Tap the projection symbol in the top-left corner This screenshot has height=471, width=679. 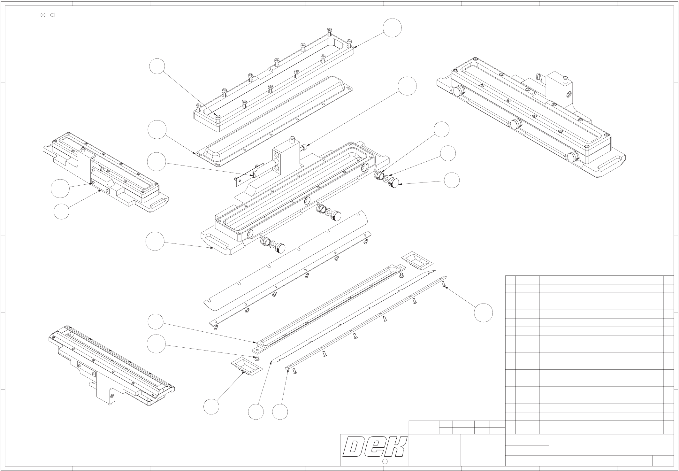click(x=48, y=15)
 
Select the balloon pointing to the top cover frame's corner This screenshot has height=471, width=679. click(x=392, y=28)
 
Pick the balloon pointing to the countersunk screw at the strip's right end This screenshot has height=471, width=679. click(x=483, y=313)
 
